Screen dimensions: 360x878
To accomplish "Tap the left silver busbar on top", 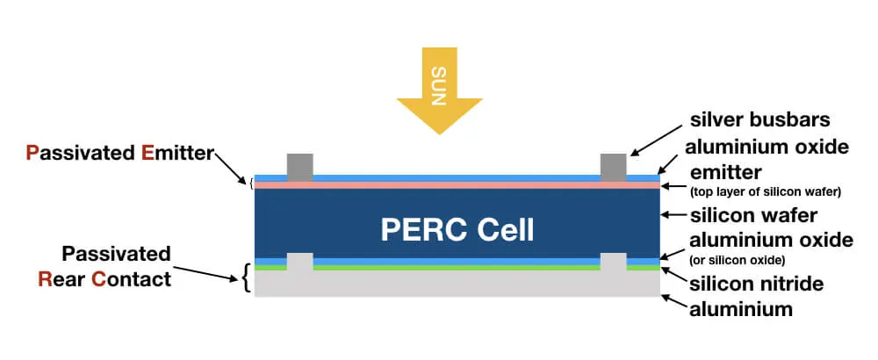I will (x=300, y=167).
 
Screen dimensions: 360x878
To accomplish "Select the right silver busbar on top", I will (x=613, y=167).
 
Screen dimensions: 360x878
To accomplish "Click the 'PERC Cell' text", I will (x=457, y=229).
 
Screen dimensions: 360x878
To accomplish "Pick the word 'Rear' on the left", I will (x=59, y=280).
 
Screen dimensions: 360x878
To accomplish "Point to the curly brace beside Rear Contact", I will (x=245, y=278).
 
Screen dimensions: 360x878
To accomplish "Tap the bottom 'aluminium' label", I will (x=742, y=308).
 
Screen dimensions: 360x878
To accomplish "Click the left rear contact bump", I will (x=300, y=262).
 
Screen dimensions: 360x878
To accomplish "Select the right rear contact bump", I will (x=613, y=262).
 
